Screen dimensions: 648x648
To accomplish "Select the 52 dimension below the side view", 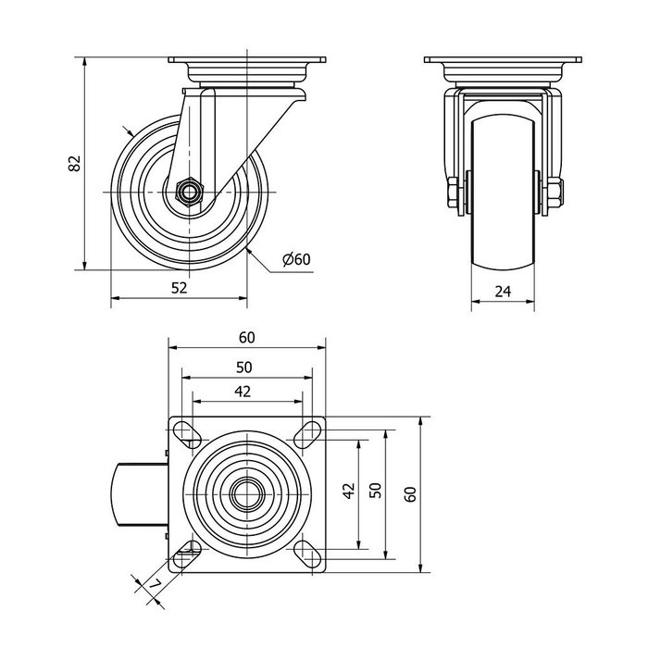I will coord(180,288).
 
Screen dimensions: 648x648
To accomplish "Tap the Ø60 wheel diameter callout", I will coord(295,259).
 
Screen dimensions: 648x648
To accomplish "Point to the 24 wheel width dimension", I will coord(503,291).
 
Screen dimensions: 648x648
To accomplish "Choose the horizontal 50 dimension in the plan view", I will coord(246,366).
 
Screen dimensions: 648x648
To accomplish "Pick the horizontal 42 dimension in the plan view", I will coord(243,392).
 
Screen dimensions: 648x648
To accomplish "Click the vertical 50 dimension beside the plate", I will coord(375,492).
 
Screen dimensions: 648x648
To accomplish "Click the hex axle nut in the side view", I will coord(189,193).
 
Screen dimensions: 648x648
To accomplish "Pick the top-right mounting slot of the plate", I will coord(308,432).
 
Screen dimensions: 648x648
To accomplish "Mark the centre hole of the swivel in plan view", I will coord(246,493).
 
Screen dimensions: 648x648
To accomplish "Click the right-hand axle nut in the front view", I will coord(554,193).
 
